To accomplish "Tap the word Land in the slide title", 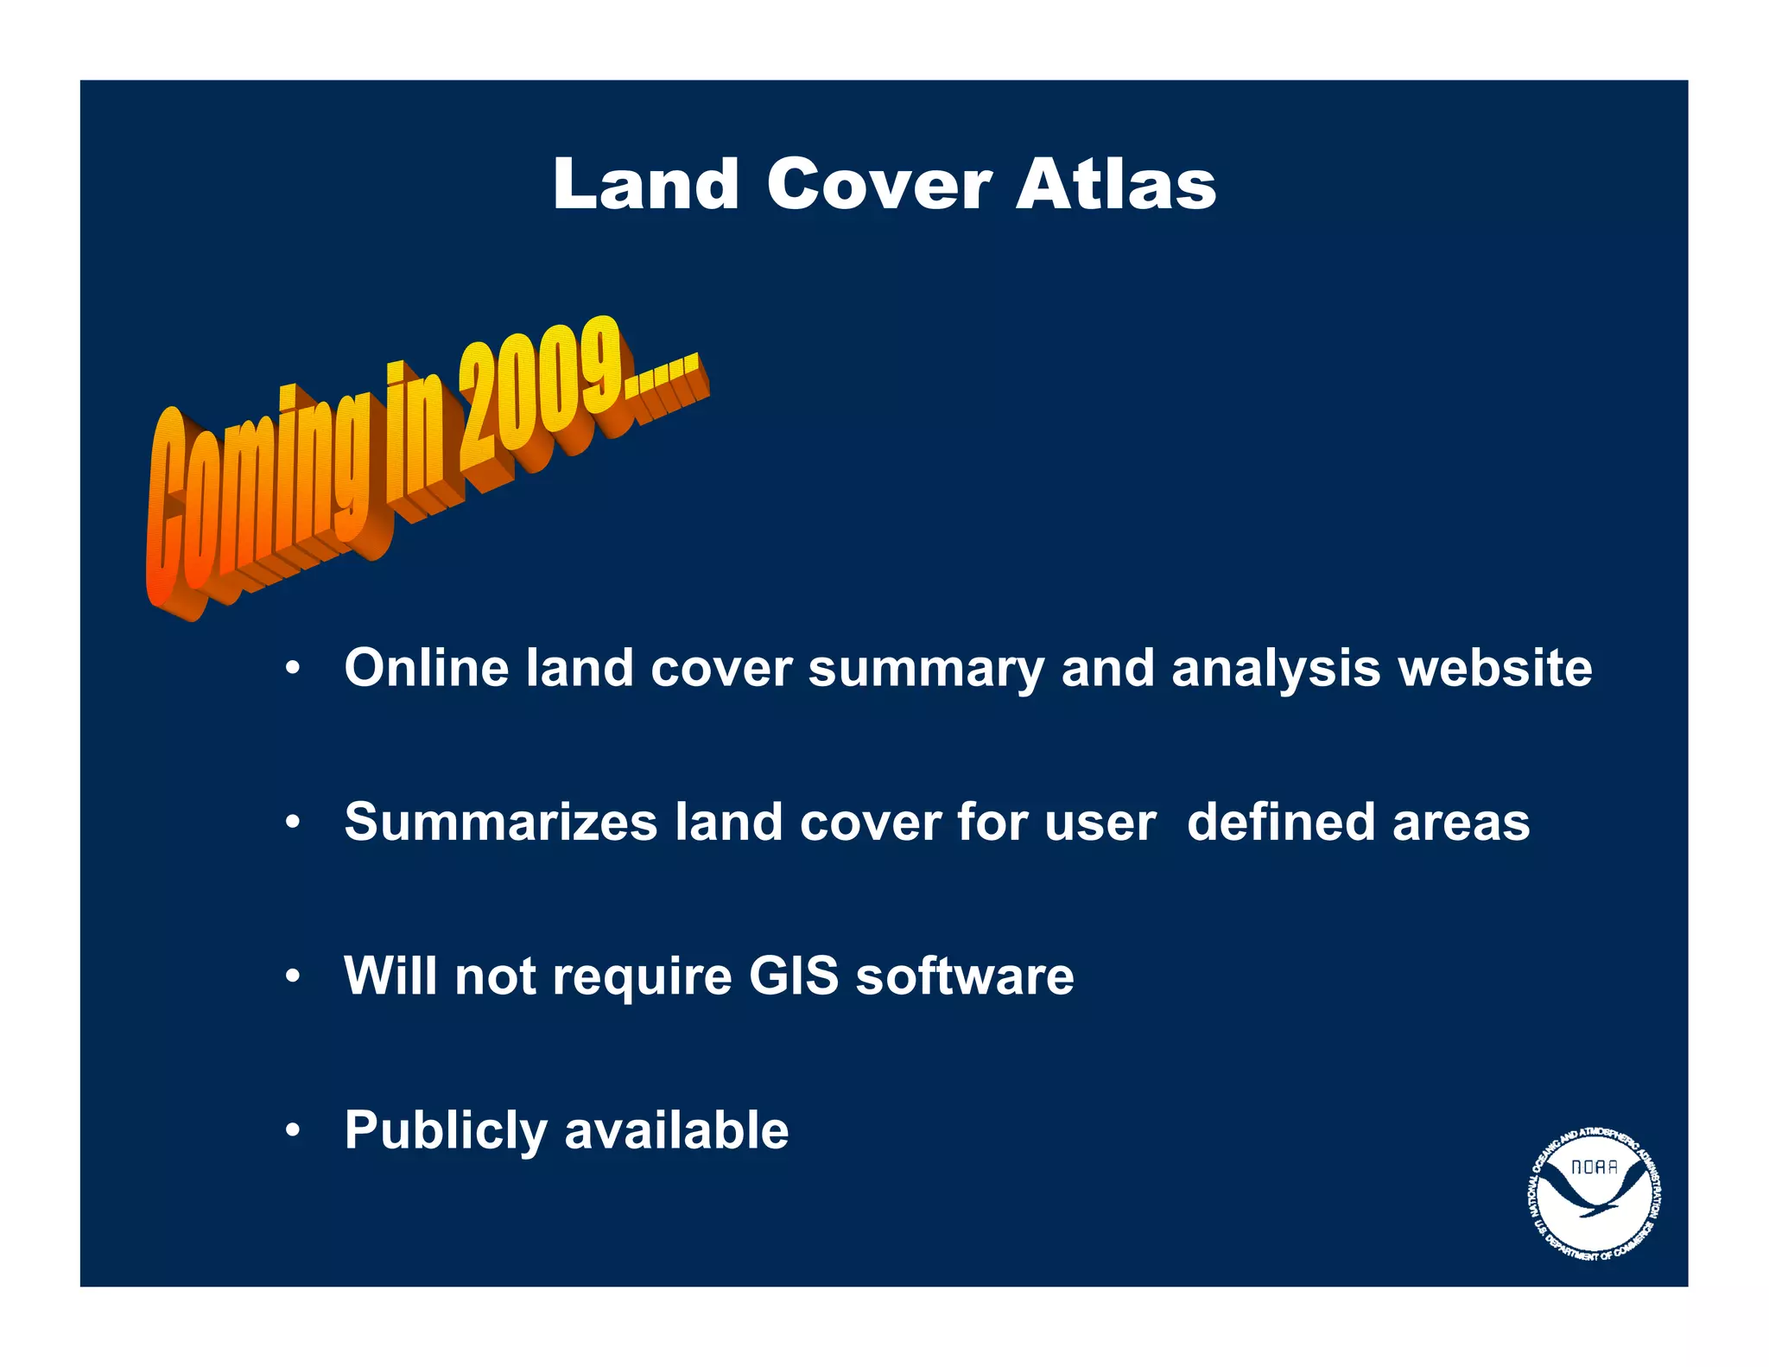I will click(645, 185).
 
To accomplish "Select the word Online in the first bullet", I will click(426, 668).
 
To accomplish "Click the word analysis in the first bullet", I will click(1276, 670).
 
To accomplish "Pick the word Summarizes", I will click(500, 822).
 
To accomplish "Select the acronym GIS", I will click(793, 976).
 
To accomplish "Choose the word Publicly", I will click(445, 1131).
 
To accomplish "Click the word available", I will click(675, 1129).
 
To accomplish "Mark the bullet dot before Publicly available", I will click(294, 1130).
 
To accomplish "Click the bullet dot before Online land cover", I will click(294, 669).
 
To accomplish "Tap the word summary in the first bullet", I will click(925, 670).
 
